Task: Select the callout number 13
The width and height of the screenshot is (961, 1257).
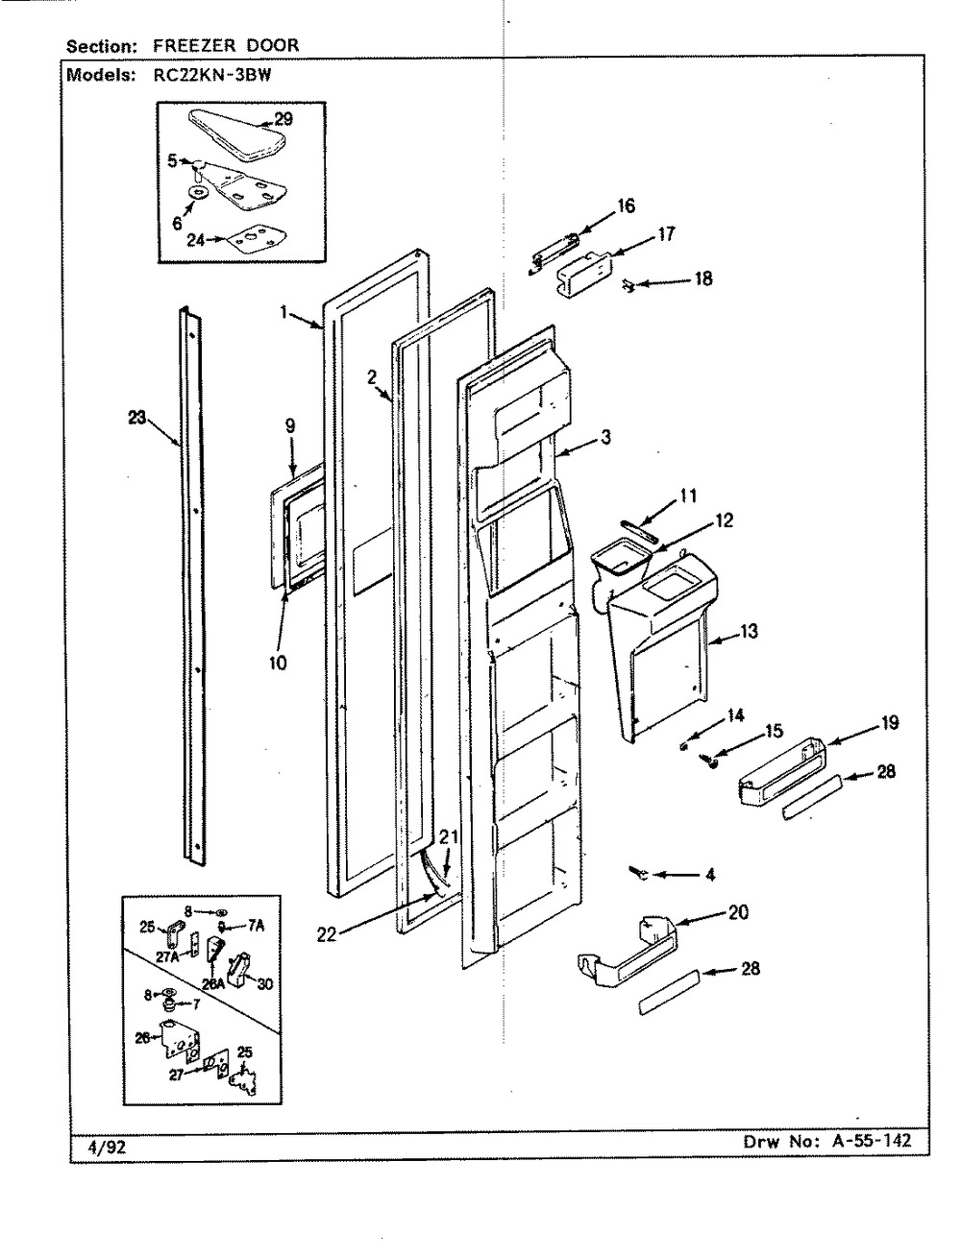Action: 749,631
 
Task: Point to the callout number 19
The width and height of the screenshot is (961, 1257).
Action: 890,722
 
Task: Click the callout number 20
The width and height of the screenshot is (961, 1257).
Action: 738,912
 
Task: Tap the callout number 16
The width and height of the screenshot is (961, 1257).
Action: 626,205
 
